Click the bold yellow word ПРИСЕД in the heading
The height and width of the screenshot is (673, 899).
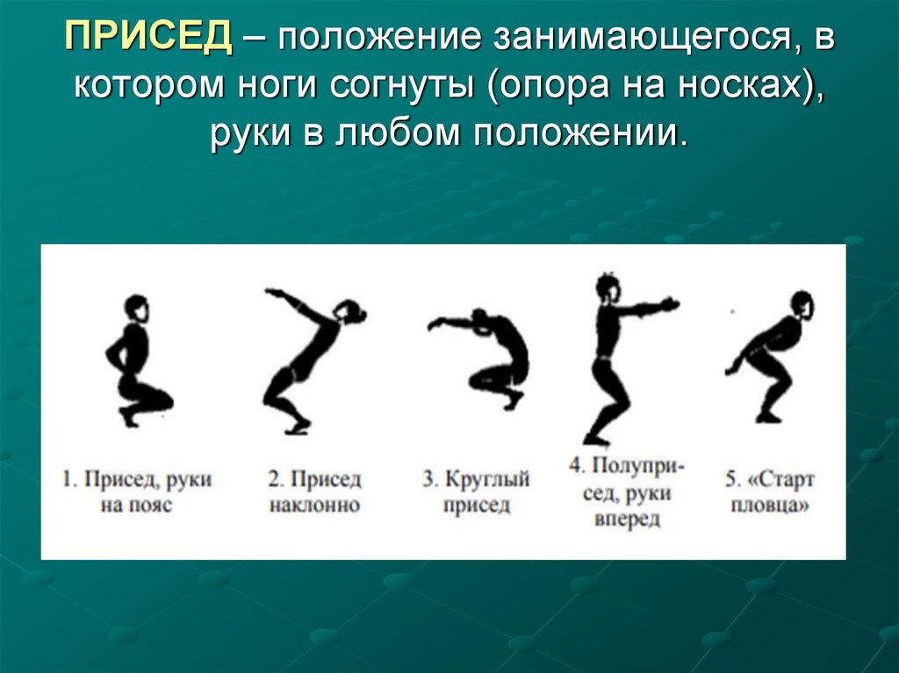coord(147,38)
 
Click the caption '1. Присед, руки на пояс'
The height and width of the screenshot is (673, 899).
coord(136,493)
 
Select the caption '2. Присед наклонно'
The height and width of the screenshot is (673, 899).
coord(314,493)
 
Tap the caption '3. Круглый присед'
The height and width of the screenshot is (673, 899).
coord(476,493)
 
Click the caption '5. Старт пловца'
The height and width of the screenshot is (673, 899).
coord(770,493)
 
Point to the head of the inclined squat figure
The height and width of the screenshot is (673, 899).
coord(350,311)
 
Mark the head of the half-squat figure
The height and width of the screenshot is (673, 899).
coord(606,288)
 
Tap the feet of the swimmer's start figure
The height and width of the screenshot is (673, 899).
coord(768,416)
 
